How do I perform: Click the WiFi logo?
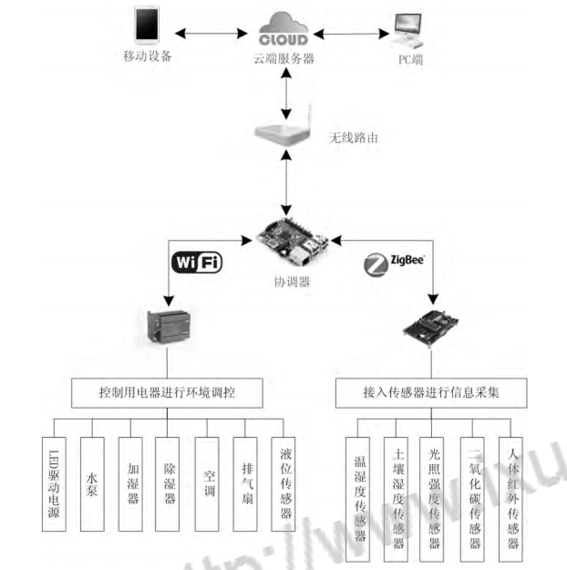coord(198,263)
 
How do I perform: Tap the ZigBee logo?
coord(393,264)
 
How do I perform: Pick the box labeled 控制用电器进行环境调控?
coord(170,392)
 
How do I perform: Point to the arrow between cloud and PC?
coord(349,35)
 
